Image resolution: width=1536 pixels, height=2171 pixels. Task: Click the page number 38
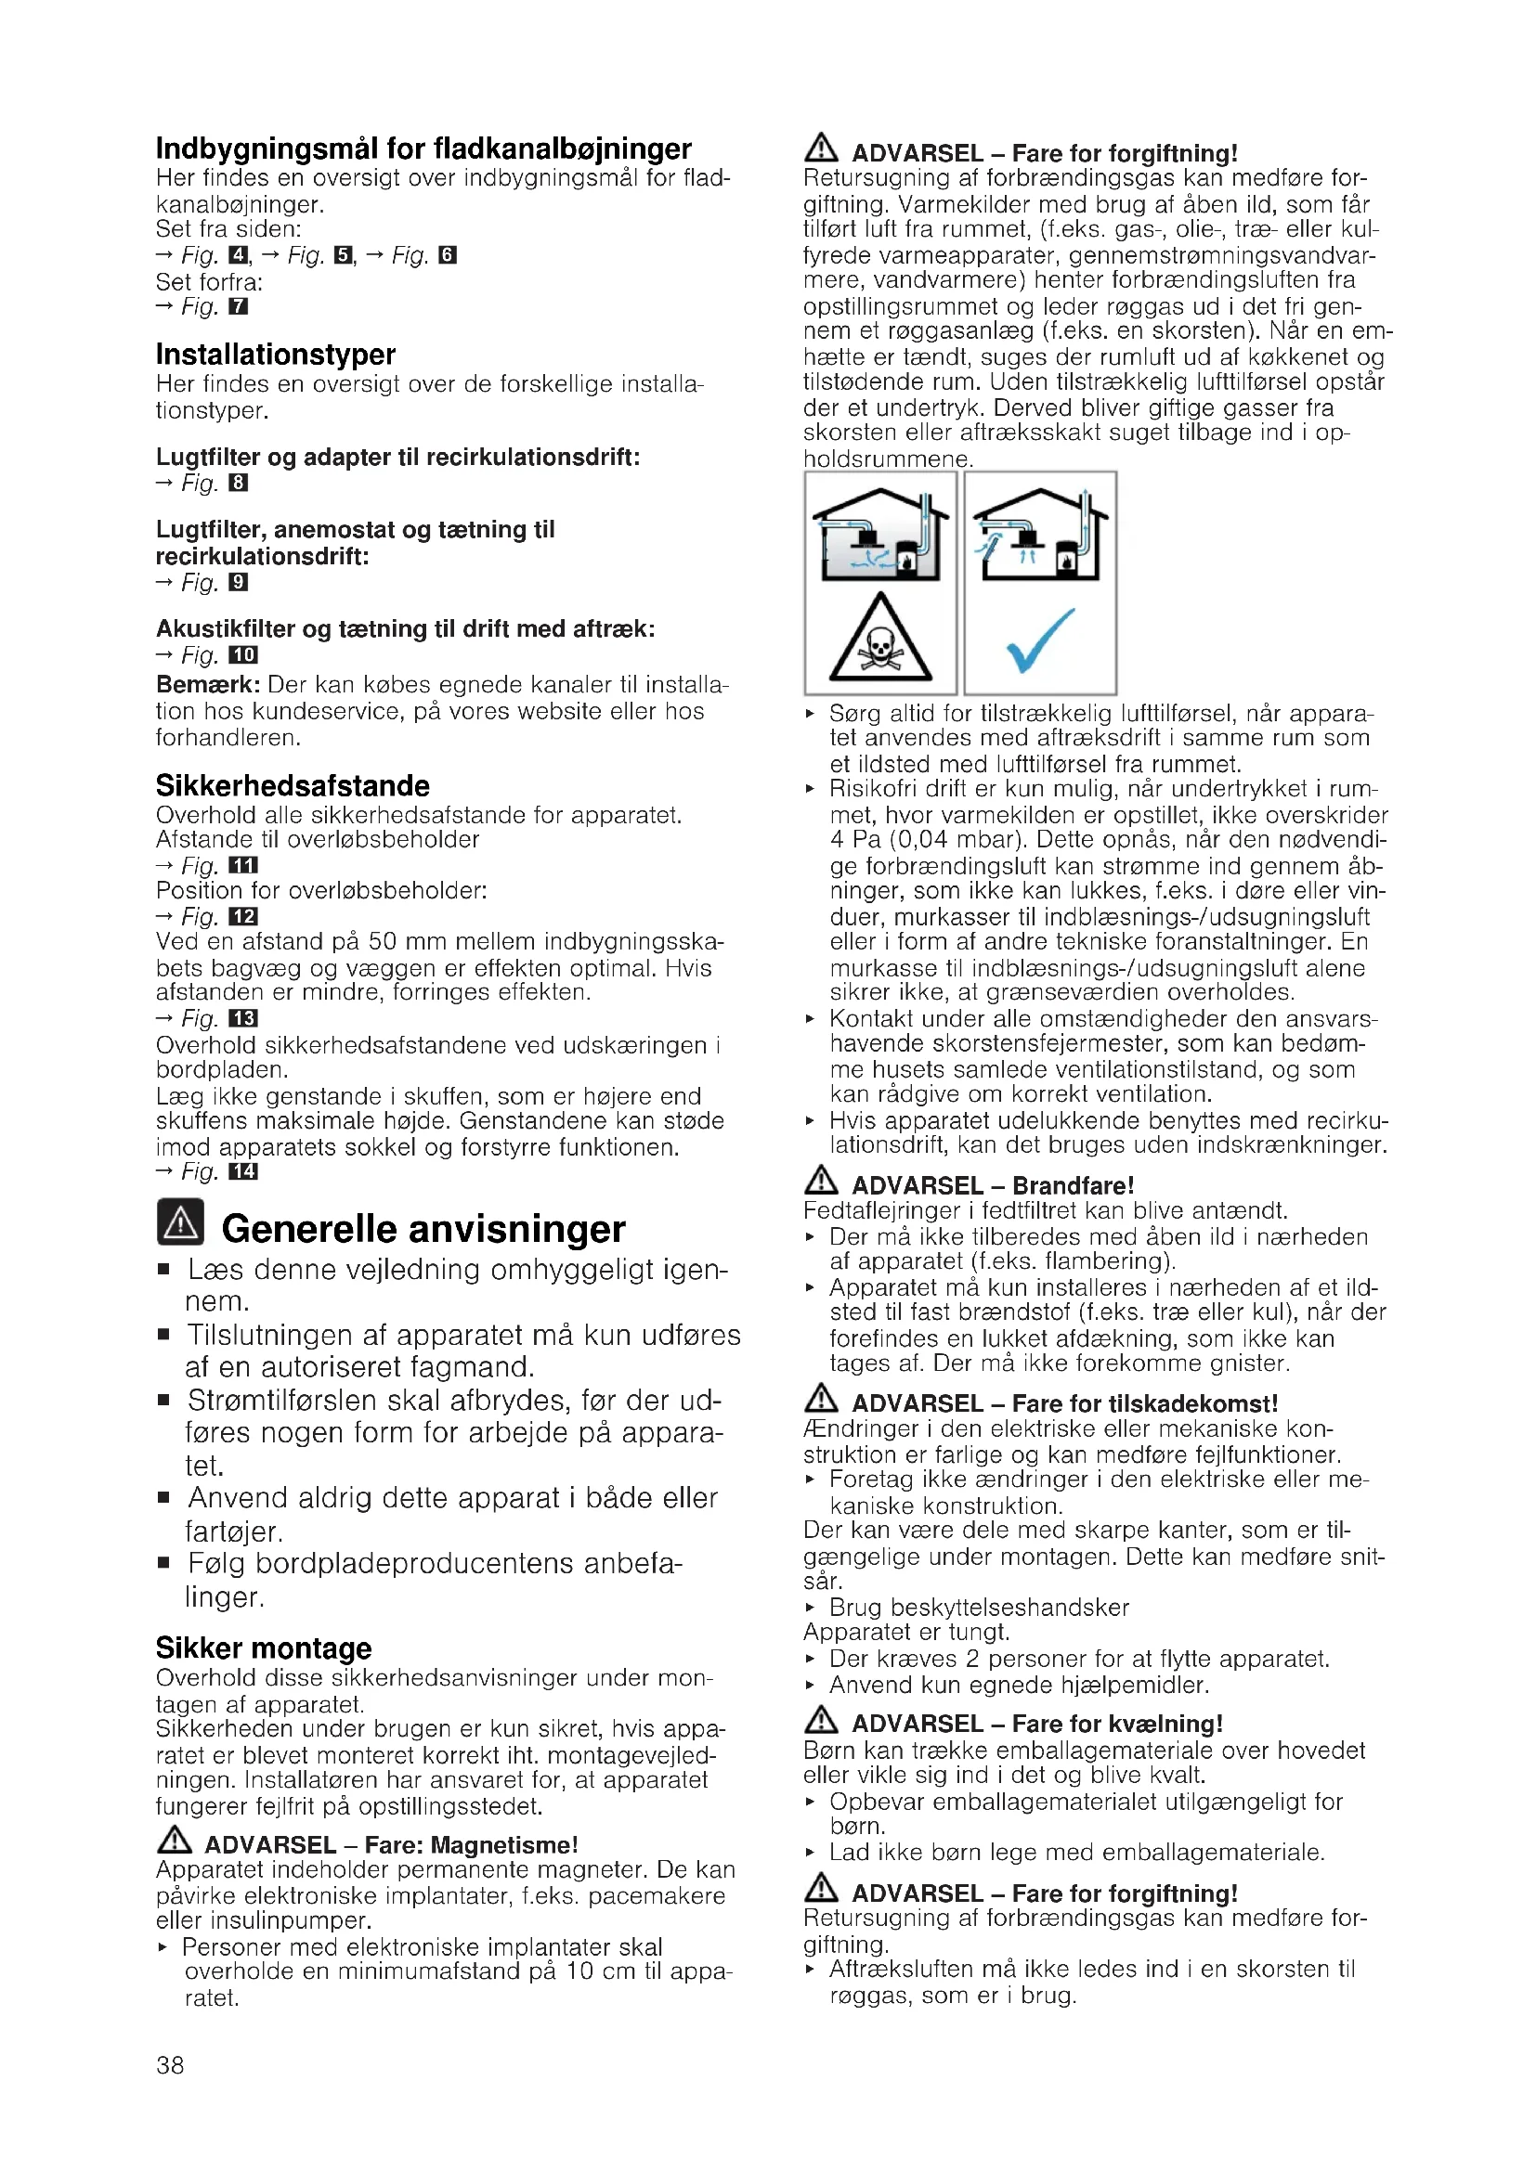tap(170, 2064)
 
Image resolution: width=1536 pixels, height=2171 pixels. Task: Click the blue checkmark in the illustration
tap(1039, 640)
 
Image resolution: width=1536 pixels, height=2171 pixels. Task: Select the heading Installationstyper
tap(275, 355)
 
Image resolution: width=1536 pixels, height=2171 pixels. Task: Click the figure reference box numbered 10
tap(243, 655)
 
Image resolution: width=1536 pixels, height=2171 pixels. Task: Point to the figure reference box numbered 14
tap(243, 1171)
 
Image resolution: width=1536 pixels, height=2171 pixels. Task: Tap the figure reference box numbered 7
tap(239, 306)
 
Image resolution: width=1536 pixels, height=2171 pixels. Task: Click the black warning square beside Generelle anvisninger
tap(180, 1222)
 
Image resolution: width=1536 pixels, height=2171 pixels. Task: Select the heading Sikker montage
tap(264, 1648)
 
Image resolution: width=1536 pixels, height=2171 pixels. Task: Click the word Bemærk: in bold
tap(208, 685)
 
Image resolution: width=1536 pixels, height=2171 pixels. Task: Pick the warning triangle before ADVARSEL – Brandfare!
tap(821, 1181)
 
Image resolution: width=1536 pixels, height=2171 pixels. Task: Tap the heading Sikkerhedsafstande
tap(293, 786)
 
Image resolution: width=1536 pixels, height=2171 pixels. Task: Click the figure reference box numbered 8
tap(239, 484)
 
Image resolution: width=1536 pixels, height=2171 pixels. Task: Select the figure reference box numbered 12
tap(243, 916)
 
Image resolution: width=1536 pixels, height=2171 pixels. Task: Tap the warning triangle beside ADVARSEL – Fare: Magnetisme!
tap(174, 1841)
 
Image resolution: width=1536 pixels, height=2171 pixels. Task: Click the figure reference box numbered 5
tap(344, 255)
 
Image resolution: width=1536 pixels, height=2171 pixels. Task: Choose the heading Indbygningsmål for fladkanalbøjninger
tap(423, 149)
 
